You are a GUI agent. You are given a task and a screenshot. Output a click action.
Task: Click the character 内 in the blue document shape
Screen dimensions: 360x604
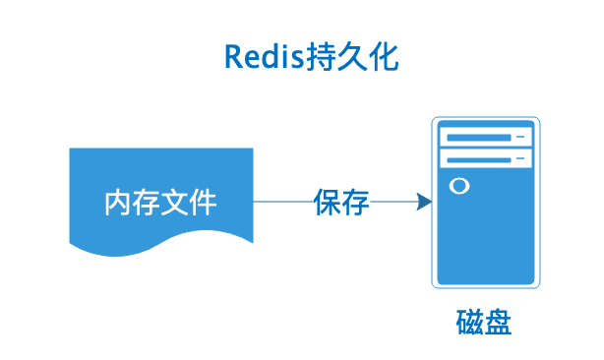point(118,203)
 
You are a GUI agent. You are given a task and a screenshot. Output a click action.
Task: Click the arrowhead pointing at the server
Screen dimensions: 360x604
point(424,203)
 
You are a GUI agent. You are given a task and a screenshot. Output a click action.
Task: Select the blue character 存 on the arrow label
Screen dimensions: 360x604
point(355,203)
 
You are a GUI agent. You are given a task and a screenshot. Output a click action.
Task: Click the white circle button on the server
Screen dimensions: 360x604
point(457,185)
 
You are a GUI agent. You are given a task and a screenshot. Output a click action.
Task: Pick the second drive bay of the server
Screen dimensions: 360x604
point(486,157)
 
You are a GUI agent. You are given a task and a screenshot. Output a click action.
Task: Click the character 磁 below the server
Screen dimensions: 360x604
point(470,323)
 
